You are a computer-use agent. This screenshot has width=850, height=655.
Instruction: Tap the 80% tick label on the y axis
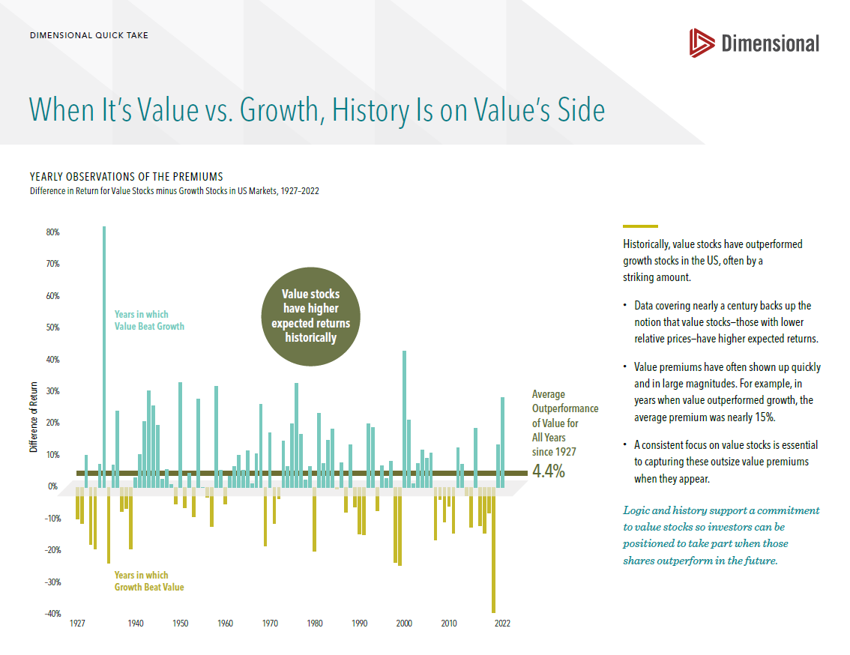tap(52, 232)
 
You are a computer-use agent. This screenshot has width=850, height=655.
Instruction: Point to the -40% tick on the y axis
tap(50, 614)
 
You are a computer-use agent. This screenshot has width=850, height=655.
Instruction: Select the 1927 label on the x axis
tap(77, 624)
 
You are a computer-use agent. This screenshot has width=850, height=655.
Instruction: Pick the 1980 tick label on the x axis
tap(315, 624)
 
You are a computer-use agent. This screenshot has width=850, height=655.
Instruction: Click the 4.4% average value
tap(549, 471)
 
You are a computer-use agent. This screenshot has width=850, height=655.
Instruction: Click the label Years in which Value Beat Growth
tap(148, 320)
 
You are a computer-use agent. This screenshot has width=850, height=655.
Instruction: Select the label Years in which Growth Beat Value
tap(148, 581)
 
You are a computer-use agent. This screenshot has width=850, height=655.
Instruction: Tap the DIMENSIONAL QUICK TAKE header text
tap(88, 35)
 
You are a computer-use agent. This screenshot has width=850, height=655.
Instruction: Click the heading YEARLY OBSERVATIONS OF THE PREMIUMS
tap(126, 177)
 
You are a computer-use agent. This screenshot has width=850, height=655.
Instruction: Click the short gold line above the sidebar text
tap(640, 226)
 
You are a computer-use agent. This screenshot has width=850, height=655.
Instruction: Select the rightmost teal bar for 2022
tap(502, 442)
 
